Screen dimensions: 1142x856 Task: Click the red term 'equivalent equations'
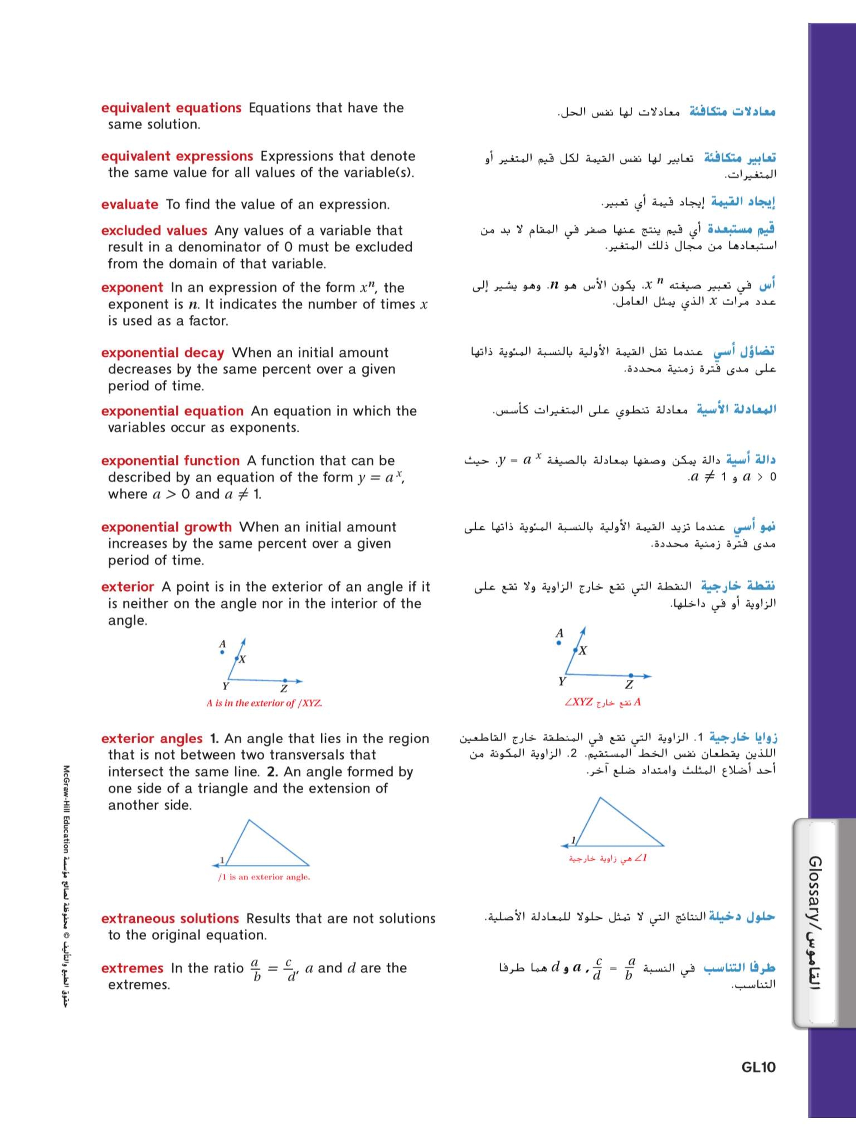tap(171, 108)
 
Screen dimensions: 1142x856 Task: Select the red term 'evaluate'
tap(129, 204)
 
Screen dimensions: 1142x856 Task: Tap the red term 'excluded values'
tap(154, 230)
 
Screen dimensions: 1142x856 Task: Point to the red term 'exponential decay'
tap(163, 353)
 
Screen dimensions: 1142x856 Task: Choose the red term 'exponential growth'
tap(166, 527)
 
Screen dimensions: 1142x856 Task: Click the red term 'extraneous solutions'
tap(170, 918)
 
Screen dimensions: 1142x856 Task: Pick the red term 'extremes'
tap(132, 968)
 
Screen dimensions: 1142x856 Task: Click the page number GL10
tap(758, 1067)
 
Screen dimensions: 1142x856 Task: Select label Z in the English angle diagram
tap(284, 689)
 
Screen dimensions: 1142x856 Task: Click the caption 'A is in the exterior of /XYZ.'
tap(264, 703)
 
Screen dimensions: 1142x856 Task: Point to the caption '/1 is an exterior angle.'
tap(264, 877)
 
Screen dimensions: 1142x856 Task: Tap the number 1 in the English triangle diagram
tap(222, 860)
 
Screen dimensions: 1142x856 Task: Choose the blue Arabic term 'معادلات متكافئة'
tap(732, 111)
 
